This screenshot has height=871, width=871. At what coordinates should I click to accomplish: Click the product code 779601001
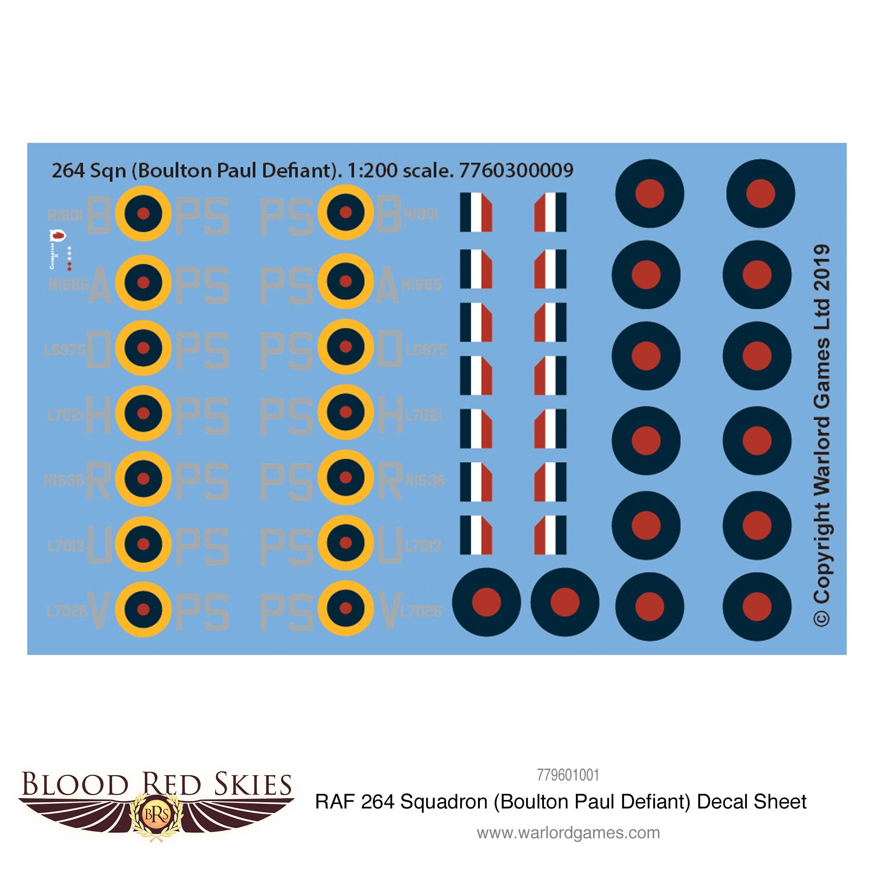pos(568,775)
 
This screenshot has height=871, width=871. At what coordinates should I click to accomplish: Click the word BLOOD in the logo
pos(74,784)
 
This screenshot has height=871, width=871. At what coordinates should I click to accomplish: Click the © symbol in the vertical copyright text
pos(821,618)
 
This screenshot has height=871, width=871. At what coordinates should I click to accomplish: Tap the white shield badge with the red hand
pos(57,235)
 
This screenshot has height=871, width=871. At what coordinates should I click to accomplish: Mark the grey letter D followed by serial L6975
pos(389,348)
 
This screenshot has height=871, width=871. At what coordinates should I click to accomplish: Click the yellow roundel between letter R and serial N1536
pos(346,478)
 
